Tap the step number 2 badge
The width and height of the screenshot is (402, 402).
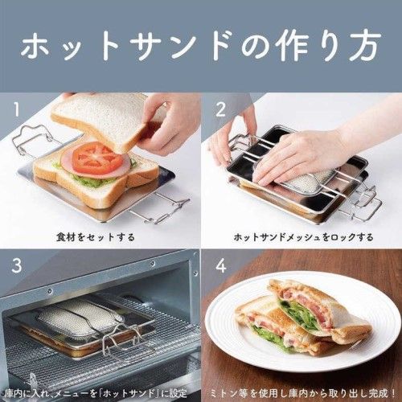click(219, 108)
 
